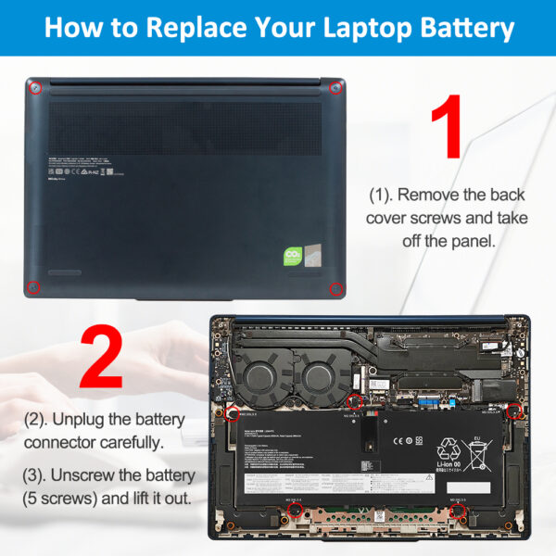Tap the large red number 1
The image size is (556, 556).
(x=448, y=129)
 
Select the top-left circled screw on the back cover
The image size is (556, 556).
(x=35, y=88)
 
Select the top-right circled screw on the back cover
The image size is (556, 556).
(x=335, y=88)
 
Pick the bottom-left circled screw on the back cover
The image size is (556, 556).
(x=32, y=287)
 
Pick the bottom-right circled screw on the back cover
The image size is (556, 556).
(x=336, y=288)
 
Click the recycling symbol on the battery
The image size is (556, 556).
(x=449, y=449)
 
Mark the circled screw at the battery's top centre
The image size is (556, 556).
(x=354, y=402)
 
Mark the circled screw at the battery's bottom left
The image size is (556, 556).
(x=296, y=510)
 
